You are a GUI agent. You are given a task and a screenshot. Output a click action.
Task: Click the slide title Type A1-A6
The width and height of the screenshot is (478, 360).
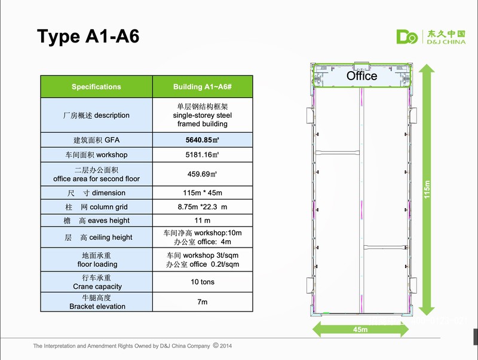[x=88, y=36]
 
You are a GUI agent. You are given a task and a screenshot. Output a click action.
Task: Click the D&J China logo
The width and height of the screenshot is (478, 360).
[x=431, y=37]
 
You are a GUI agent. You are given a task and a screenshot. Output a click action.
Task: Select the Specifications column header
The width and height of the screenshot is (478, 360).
[x=96, y=87]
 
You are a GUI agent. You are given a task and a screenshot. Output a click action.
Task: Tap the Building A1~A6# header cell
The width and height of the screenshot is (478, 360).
[x=203, y=87]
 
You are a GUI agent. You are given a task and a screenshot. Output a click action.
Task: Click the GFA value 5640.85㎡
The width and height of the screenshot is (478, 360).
[x=203, y=140]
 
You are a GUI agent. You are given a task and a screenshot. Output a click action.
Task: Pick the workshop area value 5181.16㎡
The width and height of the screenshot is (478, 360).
[x=203, y=155]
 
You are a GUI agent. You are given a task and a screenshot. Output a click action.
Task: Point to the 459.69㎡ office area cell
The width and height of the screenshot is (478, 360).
[x=203, y=174]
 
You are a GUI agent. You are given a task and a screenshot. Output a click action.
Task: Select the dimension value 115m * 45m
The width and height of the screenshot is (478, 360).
[x=203, y=193]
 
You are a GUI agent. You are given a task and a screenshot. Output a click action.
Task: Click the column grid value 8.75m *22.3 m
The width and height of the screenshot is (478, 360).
[x=203, y=207]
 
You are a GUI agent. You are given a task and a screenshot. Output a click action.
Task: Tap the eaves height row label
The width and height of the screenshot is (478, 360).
[x=96, y=221]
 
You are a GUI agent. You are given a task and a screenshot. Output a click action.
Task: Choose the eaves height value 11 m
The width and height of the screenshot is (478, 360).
[x=203, y=220]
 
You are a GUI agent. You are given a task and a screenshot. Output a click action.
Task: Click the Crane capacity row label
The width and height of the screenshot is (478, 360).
[x=97, y=282]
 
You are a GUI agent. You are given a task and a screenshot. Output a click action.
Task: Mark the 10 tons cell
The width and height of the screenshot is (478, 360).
[x=203, y=282]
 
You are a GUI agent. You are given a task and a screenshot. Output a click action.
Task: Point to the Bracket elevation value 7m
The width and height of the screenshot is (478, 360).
[x=203, y=302]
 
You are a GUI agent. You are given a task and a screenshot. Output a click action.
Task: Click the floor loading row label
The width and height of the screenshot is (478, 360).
[x=97, y=260]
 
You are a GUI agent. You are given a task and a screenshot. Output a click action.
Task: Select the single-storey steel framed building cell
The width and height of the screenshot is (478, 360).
[x=203, y=115]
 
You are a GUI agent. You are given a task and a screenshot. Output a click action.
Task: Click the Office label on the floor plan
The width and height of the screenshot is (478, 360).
[x=362, y=76]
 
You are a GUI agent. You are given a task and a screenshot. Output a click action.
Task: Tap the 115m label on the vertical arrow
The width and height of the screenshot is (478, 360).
[x=427, y=190]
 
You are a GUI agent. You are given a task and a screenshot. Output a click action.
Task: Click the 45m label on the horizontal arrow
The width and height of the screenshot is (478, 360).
[x=360, y=330]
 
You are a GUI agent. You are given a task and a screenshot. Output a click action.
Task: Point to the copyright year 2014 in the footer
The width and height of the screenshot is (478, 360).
[x=226, y=346]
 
